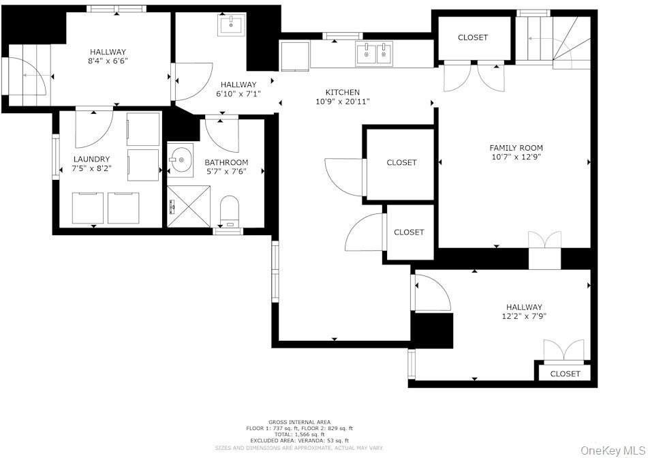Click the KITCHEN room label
tap(342, 92)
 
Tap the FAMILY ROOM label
tap(516, 148)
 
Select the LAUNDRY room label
tap(91, 159)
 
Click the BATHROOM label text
tap(226, 162)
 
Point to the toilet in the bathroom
tap(230, 210)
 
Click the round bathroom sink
tap(181, 161)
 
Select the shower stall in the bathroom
tap(190, 206)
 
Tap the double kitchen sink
tap(374, 52)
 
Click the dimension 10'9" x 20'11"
tap(342, 102)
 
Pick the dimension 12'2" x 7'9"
tap(524, 316)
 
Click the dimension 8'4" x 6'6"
tap(108, 61)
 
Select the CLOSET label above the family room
tap(472, 37)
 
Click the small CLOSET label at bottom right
tap(565, 373)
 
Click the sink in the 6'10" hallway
tap(232, 26)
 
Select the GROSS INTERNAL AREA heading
tap(300, 423)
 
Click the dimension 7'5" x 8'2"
tap(91, 169)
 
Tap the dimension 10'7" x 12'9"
tap(516, 157)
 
